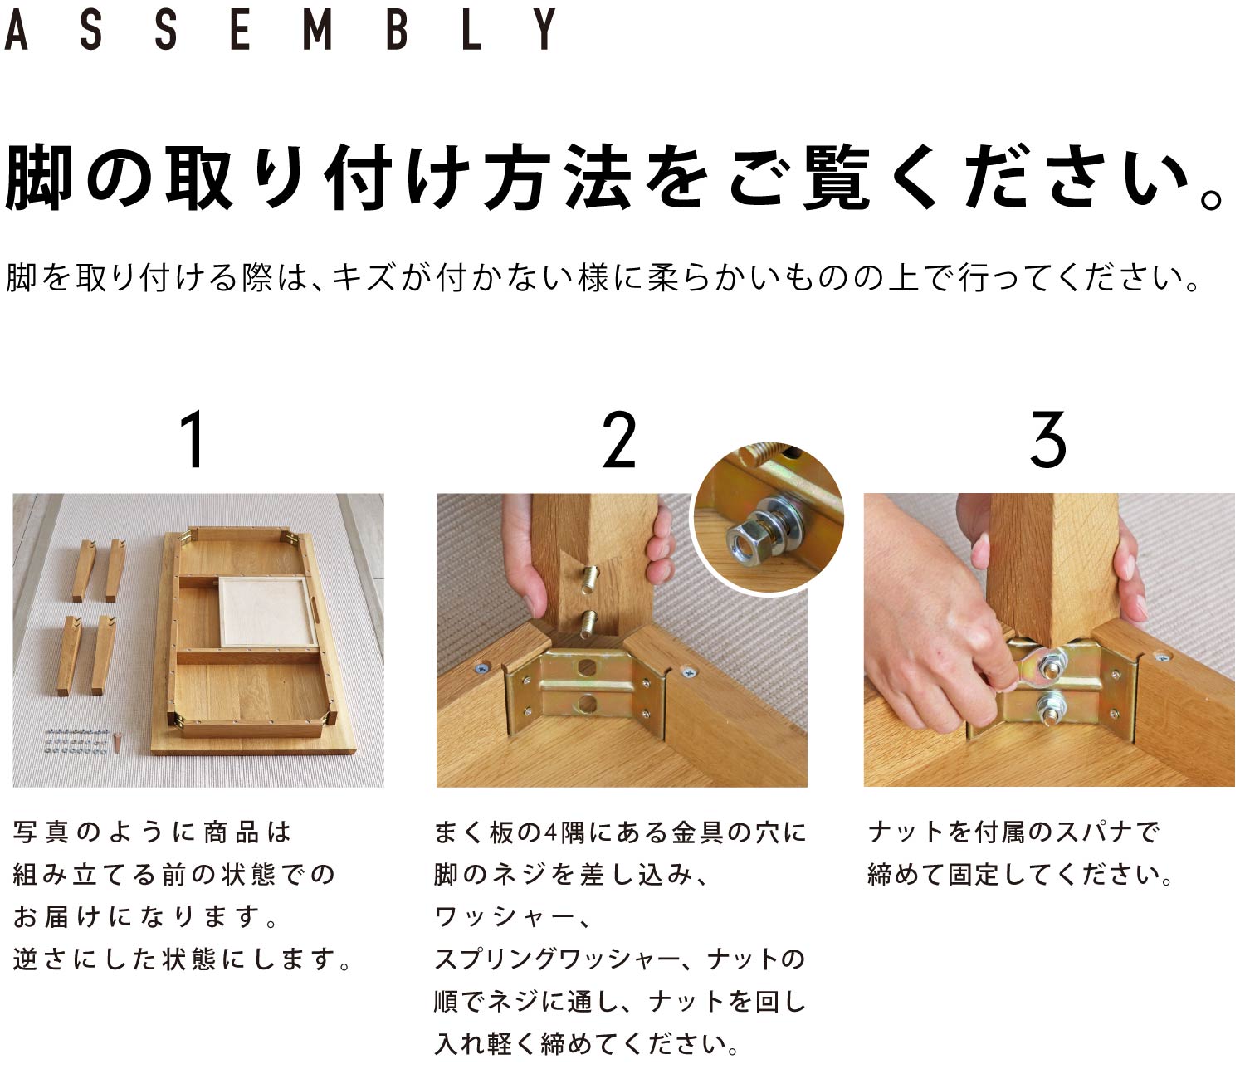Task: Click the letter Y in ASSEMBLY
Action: click(544, 29)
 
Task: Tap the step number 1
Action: click(193, 439)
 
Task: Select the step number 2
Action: click(618, 439)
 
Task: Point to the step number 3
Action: click(1048, 439)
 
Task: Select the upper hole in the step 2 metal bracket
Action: click(586, 667)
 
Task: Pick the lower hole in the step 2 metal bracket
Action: click(586, 702)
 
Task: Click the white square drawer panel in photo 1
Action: click(265, 612)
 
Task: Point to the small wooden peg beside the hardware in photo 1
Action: click(117, 742)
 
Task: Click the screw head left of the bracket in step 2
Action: click(481, 668)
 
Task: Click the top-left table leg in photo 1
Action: click(85, 570)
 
